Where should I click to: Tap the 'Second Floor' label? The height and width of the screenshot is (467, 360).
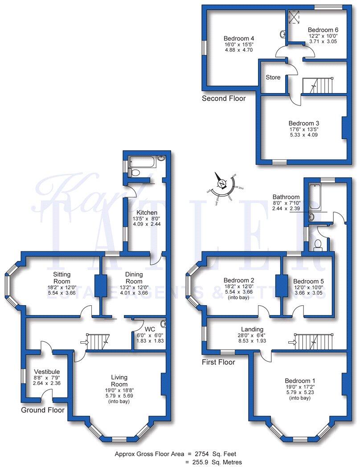(223, 98)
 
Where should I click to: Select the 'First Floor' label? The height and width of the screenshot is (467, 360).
(218, 362)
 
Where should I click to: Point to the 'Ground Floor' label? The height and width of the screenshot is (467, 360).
(42, 410)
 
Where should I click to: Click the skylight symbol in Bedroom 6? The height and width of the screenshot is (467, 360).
(294, 16)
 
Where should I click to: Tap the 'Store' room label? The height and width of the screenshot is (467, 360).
(273, 78)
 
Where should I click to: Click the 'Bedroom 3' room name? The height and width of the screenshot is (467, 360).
(303, 123)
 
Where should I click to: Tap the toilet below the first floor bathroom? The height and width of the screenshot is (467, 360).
(318, 245)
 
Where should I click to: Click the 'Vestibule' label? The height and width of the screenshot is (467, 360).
(46, 372)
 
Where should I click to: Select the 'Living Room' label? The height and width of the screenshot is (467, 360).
(119, 381)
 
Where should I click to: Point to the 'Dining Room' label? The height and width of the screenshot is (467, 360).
(134, 278)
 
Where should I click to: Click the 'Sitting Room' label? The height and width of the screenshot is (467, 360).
(62, 278)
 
